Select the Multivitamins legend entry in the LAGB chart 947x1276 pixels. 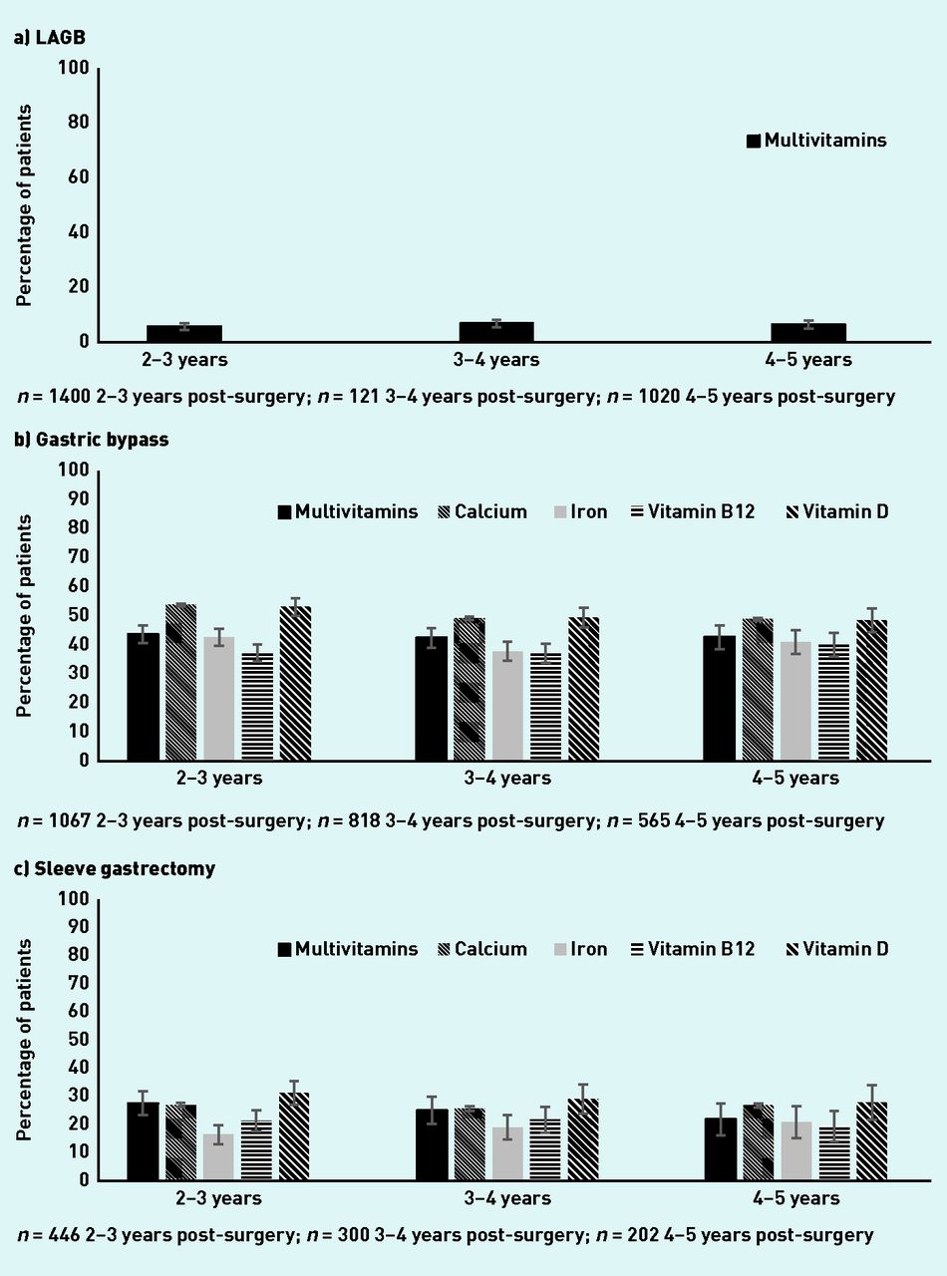click(814, 141)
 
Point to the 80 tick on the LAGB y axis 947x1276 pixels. click(78, 123)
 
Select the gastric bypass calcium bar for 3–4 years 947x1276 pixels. click(469, 689)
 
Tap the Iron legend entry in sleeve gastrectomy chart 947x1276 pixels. click(580, 949)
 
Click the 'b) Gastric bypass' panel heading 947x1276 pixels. click(91, 440)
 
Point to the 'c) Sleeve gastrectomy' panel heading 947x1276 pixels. click(115, 868)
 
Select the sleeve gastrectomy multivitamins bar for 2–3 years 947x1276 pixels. click(143, 1141)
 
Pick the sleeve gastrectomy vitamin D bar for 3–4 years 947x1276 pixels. click(583, 1139)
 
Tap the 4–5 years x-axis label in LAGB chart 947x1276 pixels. click(793, 360)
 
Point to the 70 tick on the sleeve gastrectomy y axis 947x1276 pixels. click(78, 983)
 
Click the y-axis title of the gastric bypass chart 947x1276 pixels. click(24, 615)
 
